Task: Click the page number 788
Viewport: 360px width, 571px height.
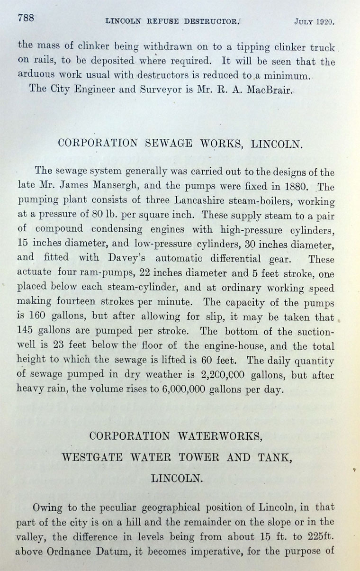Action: pyautogui.click(x=26, y=18)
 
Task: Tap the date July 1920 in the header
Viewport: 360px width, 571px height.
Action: pyautogui.click(x=314, y=21)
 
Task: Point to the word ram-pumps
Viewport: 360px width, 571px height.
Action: pyautogui.click(x=103, y=274)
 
